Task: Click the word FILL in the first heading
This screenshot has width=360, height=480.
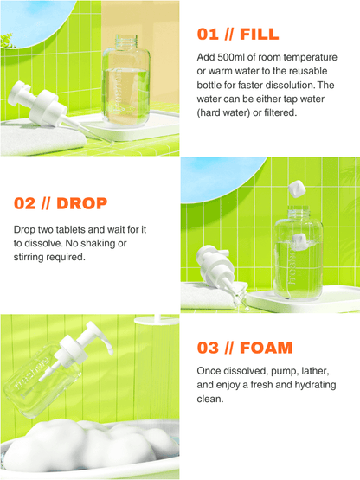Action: (259, 34)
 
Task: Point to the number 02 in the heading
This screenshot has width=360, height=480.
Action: (24, 204)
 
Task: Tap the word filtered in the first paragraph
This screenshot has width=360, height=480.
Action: (276, 112)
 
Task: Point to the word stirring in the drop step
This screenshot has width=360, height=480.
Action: (31, 258)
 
